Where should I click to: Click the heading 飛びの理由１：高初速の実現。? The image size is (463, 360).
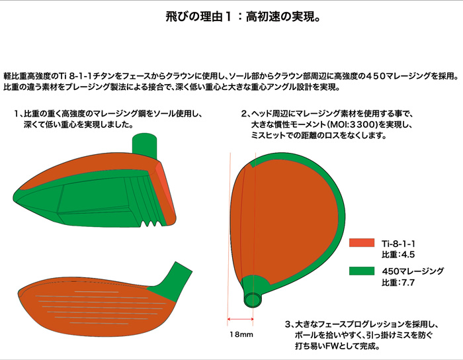click(243, 17)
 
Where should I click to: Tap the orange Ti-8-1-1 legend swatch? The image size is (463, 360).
click(362, 243)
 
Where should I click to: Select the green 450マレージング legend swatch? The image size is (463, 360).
click(362, 271)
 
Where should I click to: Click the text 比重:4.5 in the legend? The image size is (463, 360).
click(398, 254)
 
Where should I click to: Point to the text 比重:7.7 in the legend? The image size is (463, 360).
click(398, 283)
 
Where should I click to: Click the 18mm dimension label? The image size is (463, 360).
click(241, 334)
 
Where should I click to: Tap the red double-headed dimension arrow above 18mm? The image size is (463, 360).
click(240, 319)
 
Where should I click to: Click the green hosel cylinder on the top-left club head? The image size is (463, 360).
click(144, 146)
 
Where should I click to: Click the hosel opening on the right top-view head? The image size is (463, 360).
click(253, 300)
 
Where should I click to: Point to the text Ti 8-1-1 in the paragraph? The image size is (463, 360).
click(74, 76)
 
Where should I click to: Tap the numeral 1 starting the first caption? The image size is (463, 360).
click(17, 114)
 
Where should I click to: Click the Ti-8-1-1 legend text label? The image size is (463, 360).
click(398, 244)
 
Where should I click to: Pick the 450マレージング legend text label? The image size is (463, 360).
click(413, 271)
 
